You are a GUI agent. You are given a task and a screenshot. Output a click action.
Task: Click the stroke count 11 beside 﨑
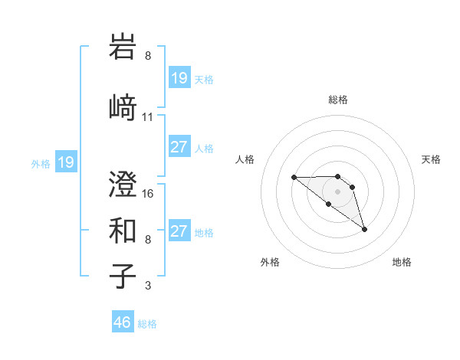(x=148, y=117)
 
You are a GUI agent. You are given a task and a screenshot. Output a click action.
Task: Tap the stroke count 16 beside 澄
(x=149, y=193)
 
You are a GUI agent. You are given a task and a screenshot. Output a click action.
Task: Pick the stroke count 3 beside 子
(x=147, y=286)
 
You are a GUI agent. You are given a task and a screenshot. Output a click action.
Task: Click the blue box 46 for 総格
(x=123, y=322)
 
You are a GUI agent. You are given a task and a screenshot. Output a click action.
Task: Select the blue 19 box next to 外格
(x=65, y=162)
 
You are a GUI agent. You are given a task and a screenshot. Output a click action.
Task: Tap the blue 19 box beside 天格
(x=179, y=78)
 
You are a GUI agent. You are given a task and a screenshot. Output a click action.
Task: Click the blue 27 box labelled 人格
(x=179, y=148)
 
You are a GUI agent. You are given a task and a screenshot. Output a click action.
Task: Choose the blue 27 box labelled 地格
(x=179, y=232)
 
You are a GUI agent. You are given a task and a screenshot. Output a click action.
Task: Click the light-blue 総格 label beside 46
(x=147, y=324)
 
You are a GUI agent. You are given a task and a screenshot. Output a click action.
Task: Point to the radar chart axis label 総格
(x=338, y=100)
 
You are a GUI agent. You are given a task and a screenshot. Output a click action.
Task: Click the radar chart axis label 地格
(x=402, y=262)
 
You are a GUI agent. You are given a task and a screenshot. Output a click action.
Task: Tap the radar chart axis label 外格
(x=270, y=262)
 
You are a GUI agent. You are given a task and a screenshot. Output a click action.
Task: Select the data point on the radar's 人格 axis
(x=294, y=177)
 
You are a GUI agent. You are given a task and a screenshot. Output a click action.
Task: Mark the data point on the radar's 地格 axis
(x=364, y=229)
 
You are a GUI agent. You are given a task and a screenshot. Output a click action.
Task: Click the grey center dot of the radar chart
(x=338, y=191)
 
